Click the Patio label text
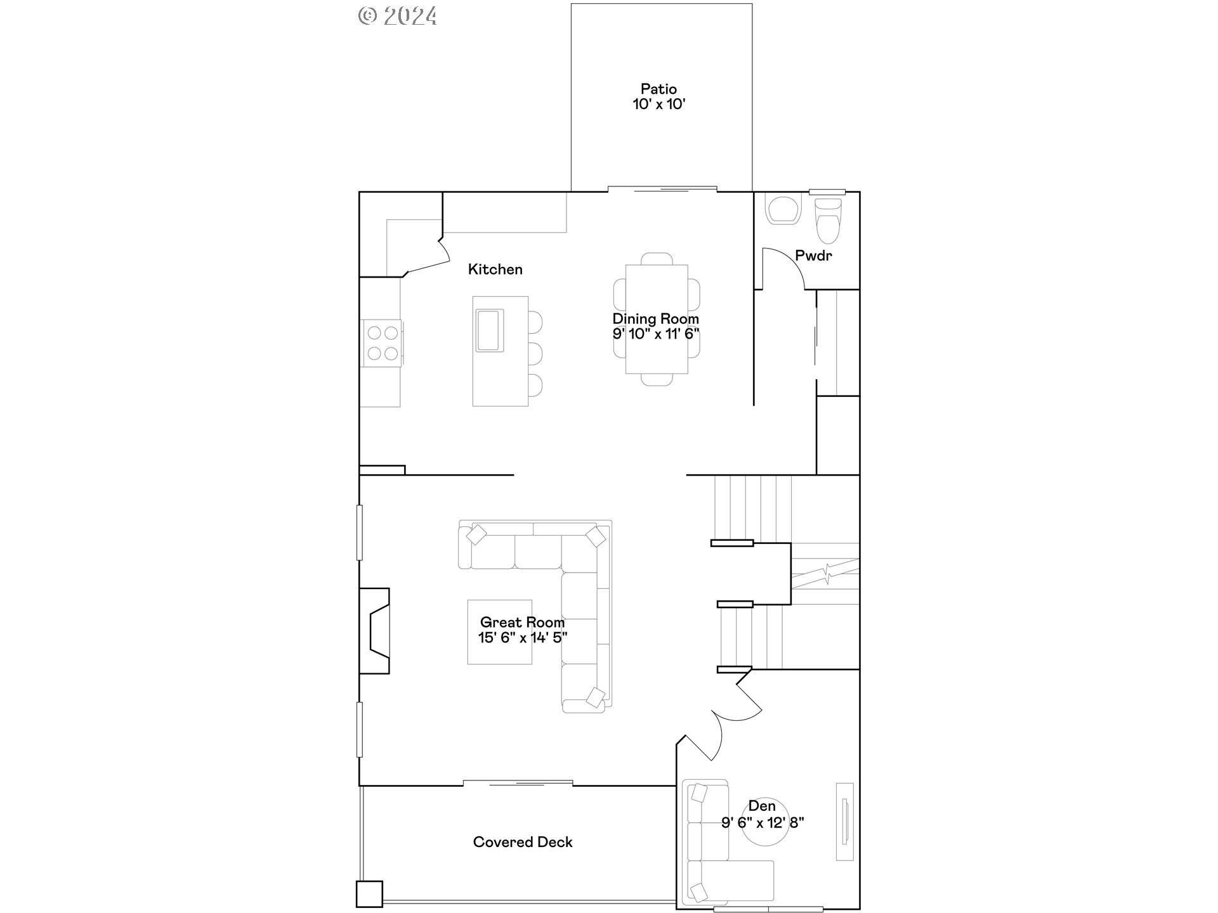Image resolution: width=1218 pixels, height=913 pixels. point(658,89)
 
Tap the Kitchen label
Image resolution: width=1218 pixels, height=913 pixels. point(495,269)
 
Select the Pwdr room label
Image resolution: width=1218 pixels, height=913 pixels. point(813,256)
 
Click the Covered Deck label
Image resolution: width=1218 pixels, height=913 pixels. point(523,842)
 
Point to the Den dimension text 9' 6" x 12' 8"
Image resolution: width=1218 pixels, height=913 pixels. point(763,822)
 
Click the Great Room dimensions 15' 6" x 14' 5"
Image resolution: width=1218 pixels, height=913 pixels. point(523,638)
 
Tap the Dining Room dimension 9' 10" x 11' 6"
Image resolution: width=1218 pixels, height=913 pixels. point(656,334)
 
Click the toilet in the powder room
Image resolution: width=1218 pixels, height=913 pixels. point(828,221)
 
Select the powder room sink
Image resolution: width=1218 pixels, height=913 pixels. point(783,210)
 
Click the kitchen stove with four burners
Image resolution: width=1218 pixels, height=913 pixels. point(383,343)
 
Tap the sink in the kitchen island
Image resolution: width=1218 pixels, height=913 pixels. point(490,330)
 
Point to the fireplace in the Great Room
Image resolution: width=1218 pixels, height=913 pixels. point(374,631)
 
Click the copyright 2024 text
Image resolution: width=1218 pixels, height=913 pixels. point(398,16)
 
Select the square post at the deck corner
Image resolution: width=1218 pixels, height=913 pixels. point(369,894)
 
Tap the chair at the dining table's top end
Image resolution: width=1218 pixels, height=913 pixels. point(657,259)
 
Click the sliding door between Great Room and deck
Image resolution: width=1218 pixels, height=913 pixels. point(518,784)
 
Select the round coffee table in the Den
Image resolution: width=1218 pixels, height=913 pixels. point(766,822)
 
